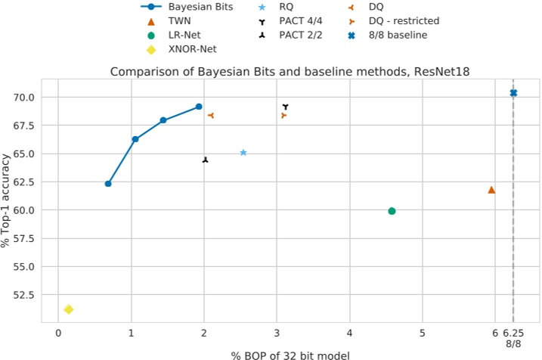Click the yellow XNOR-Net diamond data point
coord(68,309)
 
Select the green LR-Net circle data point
coord(392,211)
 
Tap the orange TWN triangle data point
coord(491,190)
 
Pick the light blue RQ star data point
coord(243,153)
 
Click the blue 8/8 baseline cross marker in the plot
coord(513,93)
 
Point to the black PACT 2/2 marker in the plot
coord(205,160)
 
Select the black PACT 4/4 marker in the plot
coord(285,107)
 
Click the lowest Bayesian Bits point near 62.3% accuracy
coord(108,184)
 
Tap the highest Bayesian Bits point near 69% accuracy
coord(199,107)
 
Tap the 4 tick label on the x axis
coord(350,333)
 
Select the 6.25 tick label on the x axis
coord(513,333)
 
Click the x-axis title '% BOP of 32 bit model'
coord(290,354)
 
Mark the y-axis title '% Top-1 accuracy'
coord(7,200)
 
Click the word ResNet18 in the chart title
coord(436,73)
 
